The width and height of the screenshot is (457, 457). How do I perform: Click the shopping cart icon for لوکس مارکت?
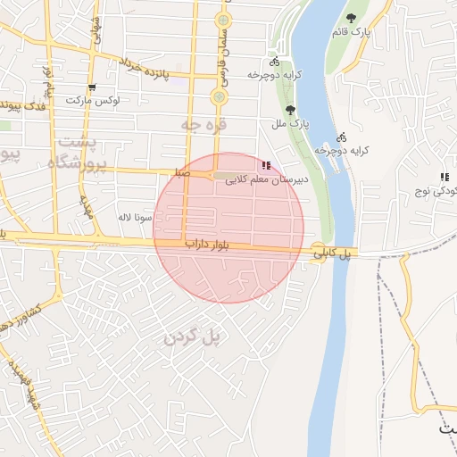[x=92, y=87]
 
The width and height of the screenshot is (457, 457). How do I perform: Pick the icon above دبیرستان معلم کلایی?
[x=265, y=165]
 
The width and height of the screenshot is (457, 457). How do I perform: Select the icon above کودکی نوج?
[x=445, y=177]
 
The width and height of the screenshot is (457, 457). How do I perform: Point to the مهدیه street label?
[x=87, y=207]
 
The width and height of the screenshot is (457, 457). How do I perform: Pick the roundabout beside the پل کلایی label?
[x=319, y=253]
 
